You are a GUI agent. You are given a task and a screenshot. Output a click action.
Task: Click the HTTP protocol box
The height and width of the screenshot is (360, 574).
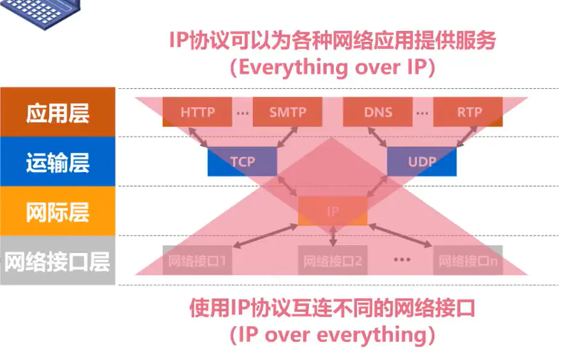197,112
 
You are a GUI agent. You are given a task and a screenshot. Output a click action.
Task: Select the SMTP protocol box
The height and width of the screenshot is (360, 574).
287,112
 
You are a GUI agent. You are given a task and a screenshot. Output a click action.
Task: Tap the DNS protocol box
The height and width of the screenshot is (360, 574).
377,112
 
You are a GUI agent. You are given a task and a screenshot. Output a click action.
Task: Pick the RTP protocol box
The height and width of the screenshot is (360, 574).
468,112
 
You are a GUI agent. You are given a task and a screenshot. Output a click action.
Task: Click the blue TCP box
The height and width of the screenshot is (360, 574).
242,162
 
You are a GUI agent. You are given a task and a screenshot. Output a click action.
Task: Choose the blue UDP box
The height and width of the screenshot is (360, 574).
422,162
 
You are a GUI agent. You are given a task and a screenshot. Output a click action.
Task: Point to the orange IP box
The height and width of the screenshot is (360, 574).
332,211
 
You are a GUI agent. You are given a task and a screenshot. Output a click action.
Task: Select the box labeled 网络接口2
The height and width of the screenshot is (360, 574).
332,261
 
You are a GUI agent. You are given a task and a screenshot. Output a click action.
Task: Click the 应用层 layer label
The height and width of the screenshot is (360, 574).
57,112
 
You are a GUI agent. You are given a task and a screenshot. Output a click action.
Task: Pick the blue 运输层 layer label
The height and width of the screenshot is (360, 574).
57,162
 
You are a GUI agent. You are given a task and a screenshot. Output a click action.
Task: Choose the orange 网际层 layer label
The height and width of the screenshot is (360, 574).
57,211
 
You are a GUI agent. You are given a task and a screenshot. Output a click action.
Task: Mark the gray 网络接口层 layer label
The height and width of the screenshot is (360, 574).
57,261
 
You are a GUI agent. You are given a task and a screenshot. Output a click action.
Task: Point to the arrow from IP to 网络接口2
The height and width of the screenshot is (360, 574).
333,236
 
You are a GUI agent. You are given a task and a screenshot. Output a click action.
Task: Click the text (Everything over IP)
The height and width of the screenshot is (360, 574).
332,67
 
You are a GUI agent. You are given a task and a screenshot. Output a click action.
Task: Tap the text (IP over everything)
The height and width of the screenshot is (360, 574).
332,335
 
